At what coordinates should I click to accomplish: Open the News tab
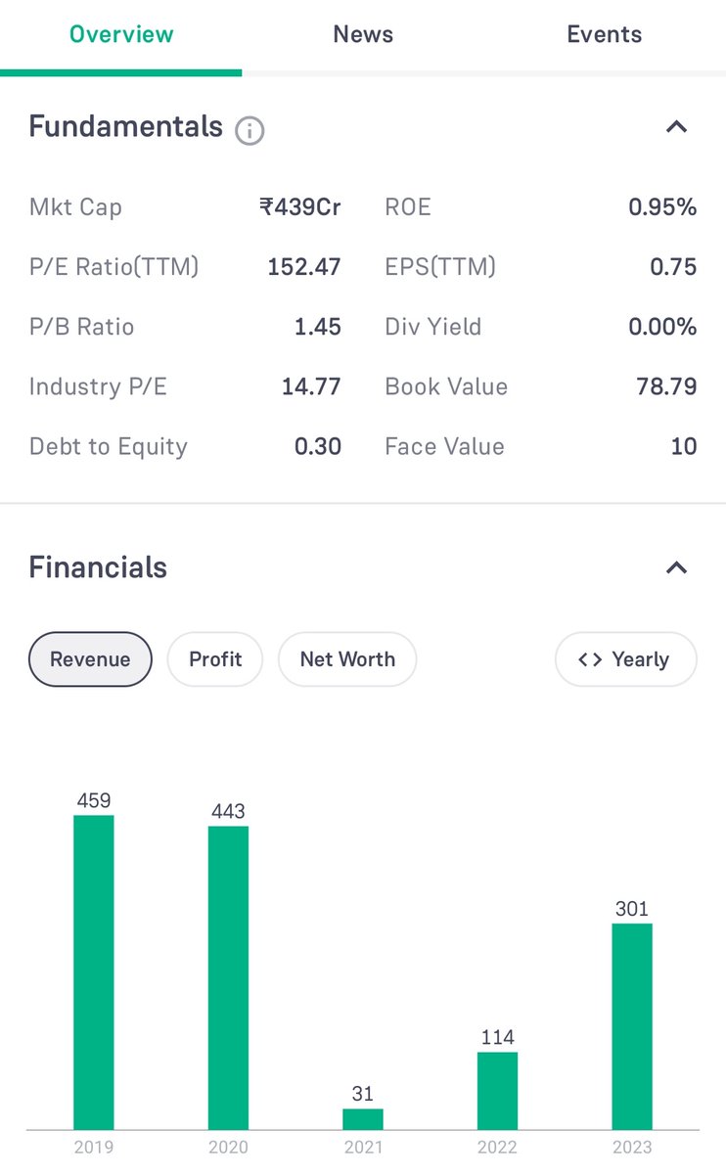pos(363,34)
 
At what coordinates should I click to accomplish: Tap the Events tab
pos(605,34)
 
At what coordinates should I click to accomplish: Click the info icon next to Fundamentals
pos(250,130)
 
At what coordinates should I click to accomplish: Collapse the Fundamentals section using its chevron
pos(676,127)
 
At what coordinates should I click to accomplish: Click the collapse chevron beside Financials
pos(676,567)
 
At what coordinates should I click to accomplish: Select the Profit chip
pos(215,658)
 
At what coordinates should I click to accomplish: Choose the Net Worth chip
pos(347,658)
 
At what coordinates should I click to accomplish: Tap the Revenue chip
pos(90,658)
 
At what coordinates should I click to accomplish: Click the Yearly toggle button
pos(626,658)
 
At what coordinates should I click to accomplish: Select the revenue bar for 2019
pos(94,972)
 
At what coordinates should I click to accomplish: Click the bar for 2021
pos(363,1119)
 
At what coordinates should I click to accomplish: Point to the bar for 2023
pos(632,1026)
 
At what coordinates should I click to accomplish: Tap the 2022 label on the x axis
pos(497,1148)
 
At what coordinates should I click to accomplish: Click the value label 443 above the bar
pos(228,811)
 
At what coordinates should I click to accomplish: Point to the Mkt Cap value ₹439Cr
pos(299,207)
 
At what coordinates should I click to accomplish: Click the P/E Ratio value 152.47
pos(304,267)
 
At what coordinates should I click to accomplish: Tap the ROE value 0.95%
pos(662,207)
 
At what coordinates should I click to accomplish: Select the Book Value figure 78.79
pos(666,386)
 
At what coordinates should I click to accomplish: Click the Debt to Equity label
pos(109,446)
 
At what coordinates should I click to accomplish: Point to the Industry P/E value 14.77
pos(311,386)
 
